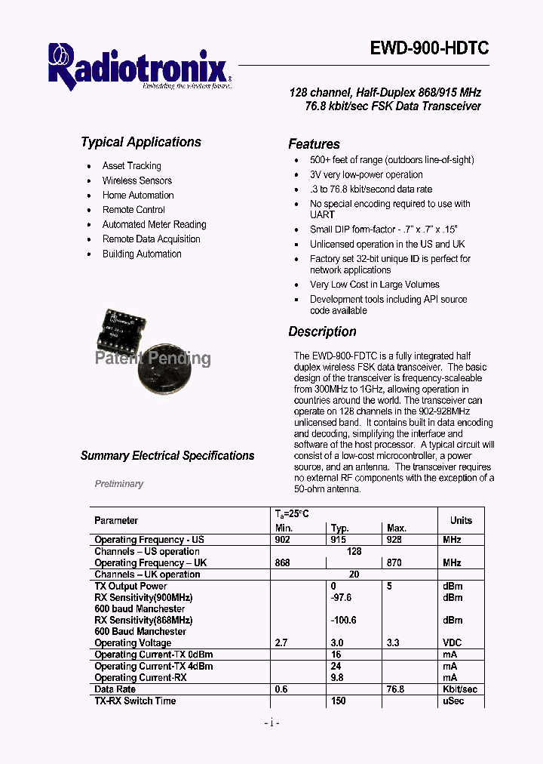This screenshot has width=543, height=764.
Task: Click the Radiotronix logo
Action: click(139, 66)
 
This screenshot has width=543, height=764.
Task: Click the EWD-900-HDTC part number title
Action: click(429, 49)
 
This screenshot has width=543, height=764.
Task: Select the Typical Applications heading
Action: click(141, 142)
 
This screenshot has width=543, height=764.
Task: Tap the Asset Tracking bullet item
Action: click(131, 165)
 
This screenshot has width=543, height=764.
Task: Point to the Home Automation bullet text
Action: click(138, 195)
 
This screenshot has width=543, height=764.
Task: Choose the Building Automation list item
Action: click(142, 254)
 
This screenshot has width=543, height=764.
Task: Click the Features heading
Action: click(314, 144)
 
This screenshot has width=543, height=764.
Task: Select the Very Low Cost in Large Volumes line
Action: click(374, 285)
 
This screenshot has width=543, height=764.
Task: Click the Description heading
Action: click(322, 331)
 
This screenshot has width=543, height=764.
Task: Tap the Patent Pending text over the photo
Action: click(153, 359)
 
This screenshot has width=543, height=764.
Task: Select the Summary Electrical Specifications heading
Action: click(167, 456)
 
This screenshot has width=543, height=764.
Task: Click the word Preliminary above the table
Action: click(119, 484)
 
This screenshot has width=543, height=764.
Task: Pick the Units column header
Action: click(461, 520)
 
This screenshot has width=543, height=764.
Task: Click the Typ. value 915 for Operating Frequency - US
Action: click(339, 540)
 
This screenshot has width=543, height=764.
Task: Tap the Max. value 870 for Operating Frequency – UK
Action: click(394, 562)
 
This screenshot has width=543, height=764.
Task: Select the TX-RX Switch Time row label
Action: click(135, 701)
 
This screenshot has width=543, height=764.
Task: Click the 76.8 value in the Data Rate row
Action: click(395, 689)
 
